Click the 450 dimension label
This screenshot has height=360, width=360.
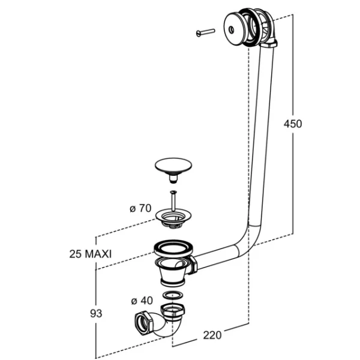click(x=293, y=124)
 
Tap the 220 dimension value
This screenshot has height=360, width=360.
click(x=212, y=335)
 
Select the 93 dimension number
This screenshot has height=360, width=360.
click(x=96, y=313)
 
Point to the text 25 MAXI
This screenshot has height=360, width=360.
click(x=91, y=254)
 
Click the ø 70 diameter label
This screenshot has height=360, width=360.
click(x=140, y=208)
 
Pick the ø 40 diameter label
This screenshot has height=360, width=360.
click(x=142, y=301)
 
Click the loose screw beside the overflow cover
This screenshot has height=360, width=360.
click(x=206, y=32)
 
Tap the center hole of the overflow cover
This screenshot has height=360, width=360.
click(x=232, y=29)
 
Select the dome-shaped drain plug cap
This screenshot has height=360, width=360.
click(x=173, y=166)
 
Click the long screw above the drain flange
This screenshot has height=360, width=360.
click(x=173, y=200)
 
